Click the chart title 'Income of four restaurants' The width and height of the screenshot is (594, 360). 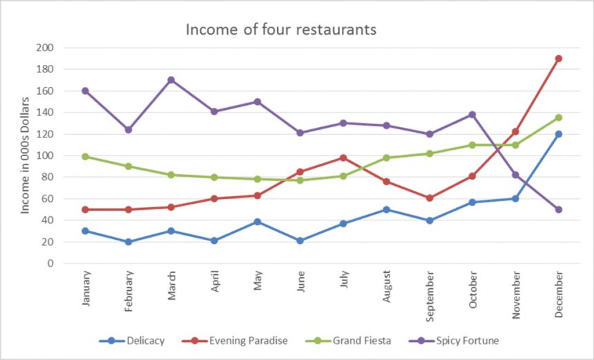pos(280,29)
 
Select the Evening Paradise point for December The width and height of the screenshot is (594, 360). pos(558,58)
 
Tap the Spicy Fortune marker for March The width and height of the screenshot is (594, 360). pos(171,80)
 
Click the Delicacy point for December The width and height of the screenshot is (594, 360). pos(558,134)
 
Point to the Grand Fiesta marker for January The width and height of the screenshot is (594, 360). pos(85,156)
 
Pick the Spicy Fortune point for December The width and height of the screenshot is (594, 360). pos(558,209)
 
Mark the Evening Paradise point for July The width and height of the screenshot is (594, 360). pos(343,158)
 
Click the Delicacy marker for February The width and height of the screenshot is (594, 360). pos(128,242)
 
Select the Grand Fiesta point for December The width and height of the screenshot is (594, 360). pos(558,117)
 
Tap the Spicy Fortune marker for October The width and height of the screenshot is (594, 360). pos(472,115)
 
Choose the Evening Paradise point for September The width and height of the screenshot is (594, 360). pos(429,198)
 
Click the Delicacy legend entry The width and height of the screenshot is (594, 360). pos(132,341)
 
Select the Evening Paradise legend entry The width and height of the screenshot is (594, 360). pos(235,341)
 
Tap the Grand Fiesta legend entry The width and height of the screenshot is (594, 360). pos(348,341)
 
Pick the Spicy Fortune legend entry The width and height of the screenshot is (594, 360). pos(454,341)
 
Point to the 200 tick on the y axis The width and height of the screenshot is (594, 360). pos(45,48)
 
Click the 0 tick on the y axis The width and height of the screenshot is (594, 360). pos(50,263)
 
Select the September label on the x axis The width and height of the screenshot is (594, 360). pos(430,296)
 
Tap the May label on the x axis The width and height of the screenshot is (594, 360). pos(258,281)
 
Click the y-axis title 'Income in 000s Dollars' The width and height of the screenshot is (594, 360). pos(25,155)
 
